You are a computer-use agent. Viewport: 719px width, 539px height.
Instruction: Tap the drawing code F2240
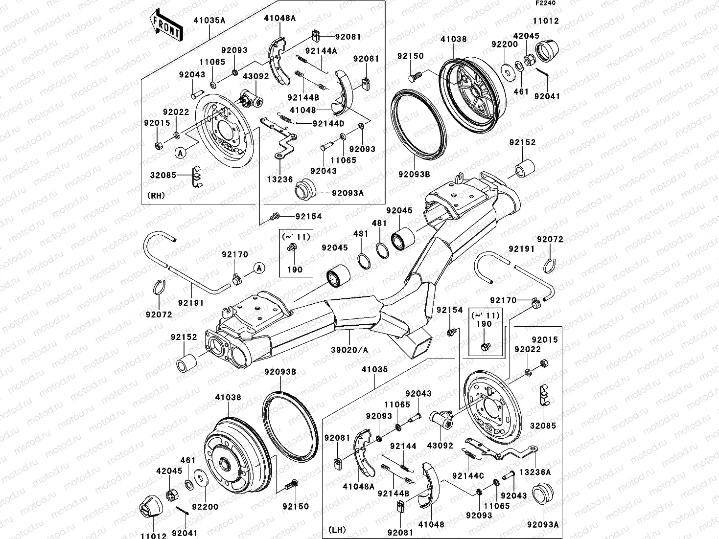(x=545, y=3)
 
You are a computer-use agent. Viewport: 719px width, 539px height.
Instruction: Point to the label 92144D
(x=328, y=123)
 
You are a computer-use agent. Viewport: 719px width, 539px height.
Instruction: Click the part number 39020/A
(x=349, y=350)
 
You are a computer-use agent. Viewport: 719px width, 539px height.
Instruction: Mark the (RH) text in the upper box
(x=156, y=195)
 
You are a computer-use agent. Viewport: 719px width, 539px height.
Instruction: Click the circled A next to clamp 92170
(x=259, y=268)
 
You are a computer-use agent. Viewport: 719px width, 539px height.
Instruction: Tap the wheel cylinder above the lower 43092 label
(x=439, y=418)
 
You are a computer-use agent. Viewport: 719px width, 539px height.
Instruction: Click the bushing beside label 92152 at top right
(x=524, y=169)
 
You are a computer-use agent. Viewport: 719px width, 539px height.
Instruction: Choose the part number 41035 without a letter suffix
(x=374, y=369)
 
